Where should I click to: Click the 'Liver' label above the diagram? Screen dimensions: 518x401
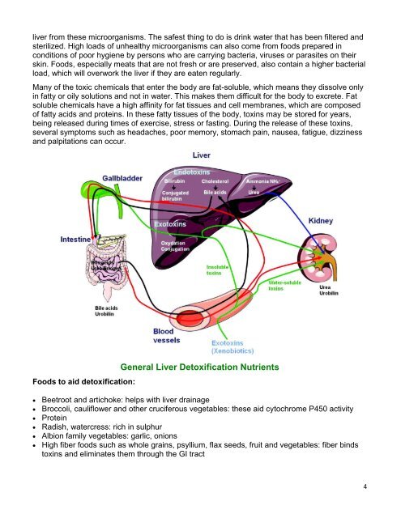pos(203,155)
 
